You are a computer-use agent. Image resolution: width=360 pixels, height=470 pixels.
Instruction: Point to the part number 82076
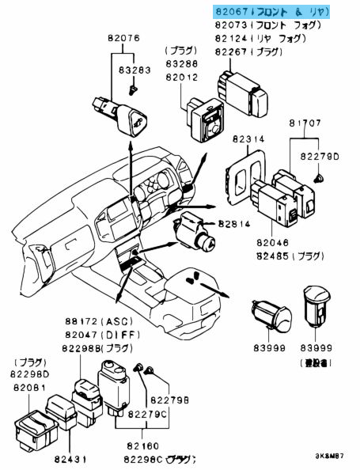point(121,37)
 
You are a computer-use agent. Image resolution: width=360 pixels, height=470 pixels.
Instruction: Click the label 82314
point(248,138)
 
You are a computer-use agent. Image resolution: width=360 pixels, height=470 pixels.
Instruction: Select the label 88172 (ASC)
point(81,323)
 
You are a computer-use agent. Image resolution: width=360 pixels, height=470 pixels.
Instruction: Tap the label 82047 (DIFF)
point(81,335)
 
